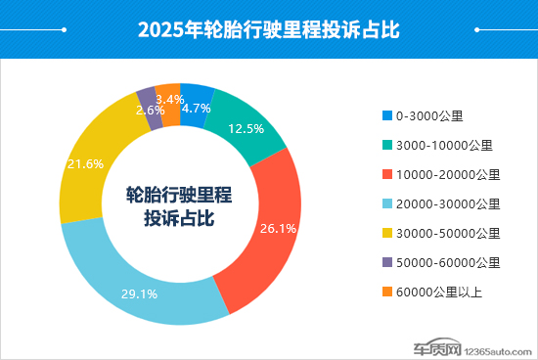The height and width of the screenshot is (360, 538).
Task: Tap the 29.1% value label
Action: (140, 292)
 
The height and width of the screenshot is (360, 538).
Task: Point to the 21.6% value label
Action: (85, 164)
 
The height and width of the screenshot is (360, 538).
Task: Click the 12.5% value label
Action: (247, 129)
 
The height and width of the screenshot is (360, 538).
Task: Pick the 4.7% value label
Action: (197, 109)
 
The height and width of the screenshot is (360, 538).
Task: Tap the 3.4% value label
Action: (170, 100)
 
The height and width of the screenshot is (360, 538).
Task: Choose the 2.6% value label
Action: (150, 111)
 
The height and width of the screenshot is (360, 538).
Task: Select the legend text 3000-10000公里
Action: (445, 145)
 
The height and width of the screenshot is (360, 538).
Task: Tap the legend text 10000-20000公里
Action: (449, 174)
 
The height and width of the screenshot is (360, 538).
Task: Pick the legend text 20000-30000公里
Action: (449, 203)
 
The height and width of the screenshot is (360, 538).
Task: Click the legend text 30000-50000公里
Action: (449, 233)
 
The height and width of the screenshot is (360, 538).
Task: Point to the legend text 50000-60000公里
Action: (449, 262)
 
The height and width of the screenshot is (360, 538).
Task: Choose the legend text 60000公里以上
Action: (441, 292)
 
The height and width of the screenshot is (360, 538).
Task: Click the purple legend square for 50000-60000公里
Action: (387, 262)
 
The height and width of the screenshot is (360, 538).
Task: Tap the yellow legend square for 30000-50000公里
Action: (387, 233)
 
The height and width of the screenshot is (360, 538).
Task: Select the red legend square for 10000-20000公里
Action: (387, 174)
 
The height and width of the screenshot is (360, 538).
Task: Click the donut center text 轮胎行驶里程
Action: (179, 195)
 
